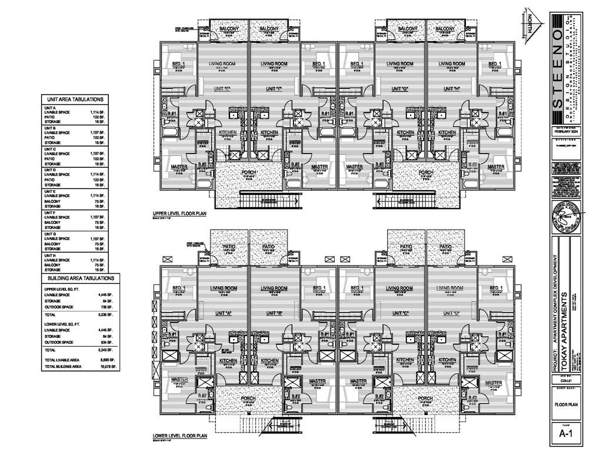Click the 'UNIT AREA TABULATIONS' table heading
[x=74, y=100]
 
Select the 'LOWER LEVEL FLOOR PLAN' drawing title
[x=179, y=437]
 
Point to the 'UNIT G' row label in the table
[x=50, y=234]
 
